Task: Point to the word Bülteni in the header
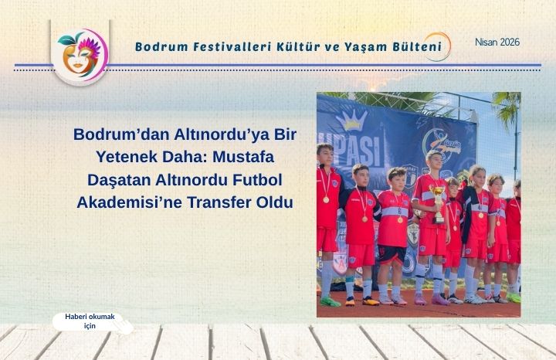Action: click(414, 47)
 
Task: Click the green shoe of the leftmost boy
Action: click(330, 301)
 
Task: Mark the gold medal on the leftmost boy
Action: click(325, 199)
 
